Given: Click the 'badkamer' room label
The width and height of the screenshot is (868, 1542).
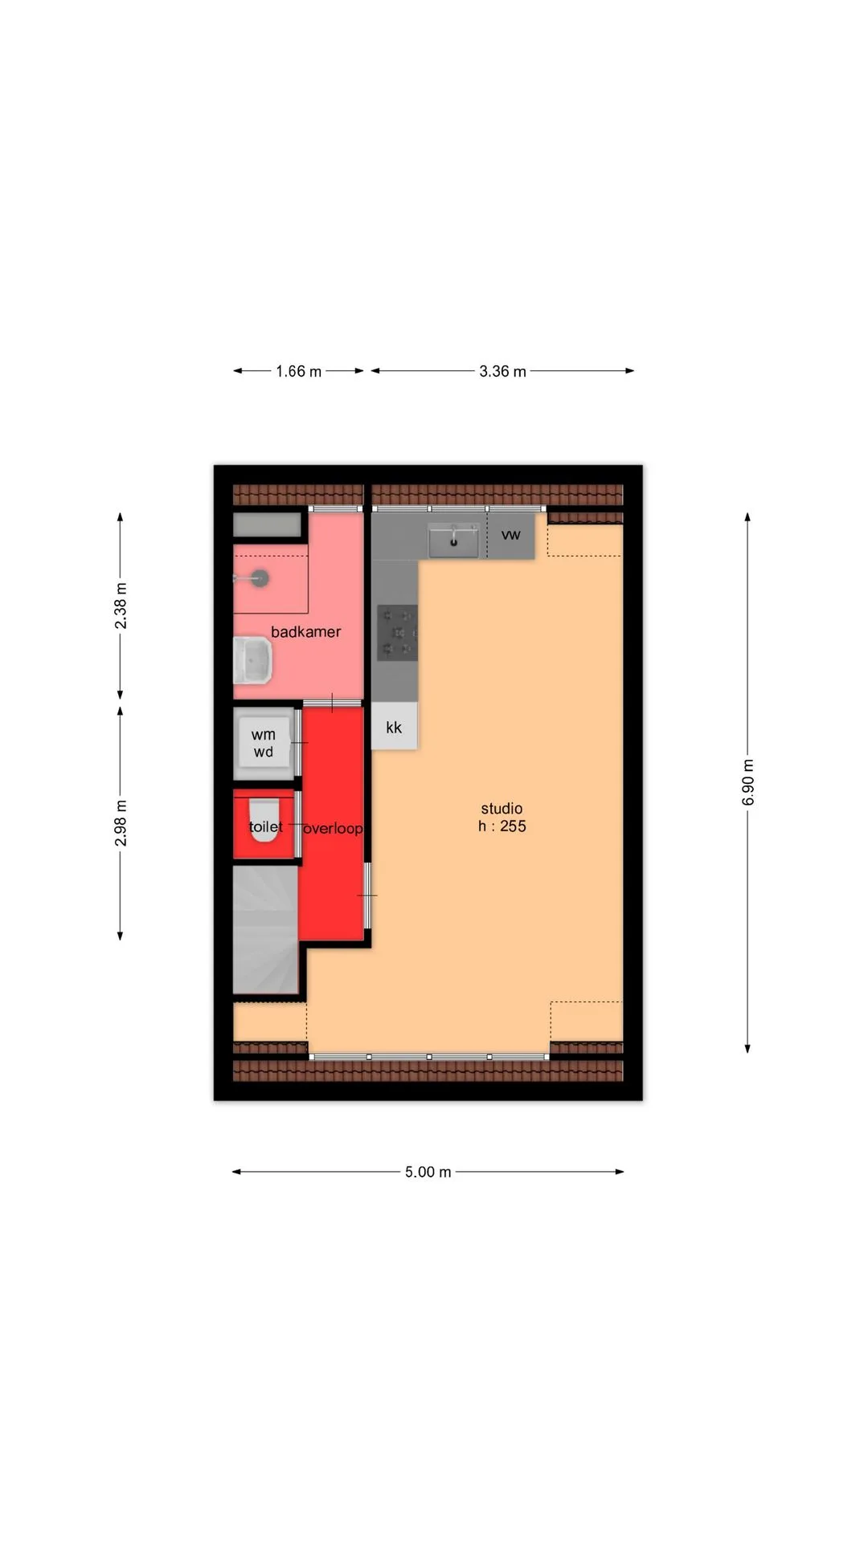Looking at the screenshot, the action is coord(305,632).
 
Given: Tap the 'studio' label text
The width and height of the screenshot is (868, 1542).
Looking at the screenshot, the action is coord(502,809).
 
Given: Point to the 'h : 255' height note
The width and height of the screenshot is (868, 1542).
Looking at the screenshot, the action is coord(502,826).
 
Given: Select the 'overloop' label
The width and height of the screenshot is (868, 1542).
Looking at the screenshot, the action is coord(333,828).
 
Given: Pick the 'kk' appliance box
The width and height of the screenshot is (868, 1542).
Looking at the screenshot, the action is coord(394,726).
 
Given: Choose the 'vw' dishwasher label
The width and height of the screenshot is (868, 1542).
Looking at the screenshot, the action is coord(511,535).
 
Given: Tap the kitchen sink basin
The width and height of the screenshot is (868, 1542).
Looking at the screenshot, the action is coord(453,541).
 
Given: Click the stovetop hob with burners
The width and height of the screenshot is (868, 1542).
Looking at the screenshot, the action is coord(398,633).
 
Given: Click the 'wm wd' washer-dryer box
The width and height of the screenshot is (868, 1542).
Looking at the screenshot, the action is coord(264,743).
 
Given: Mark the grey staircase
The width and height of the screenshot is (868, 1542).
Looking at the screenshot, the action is coord(266,929).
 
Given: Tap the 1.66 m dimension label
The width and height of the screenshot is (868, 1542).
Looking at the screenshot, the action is coord(299,371).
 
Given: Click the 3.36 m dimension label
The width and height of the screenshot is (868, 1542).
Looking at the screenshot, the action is coord(503,371).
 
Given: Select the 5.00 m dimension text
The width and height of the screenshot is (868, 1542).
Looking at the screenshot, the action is coord(428,1172).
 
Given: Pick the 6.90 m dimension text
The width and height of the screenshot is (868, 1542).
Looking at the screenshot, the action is coord(747,781).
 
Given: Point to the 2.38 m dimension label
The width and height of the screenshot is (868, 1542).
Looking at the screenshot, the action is coord(121,606).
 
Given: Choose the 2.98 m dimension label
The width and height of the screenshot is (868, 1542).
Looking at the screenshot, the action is coord(121,822).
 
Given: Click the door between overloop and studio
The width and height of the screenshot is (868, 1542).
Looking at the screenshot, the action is coord(368,895).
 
